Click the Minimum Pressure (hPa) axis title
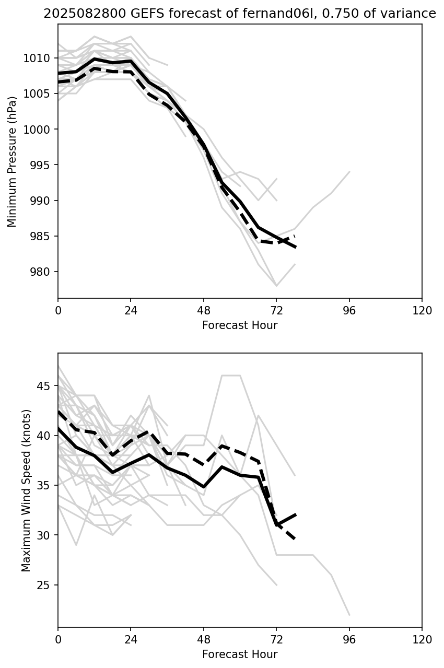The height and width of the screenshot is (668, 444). coord(13,161)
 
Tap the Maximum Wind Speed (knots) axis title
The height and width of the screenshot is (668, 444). coord(27,490)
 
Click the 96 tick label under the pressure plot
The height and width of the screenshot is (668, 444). coord(349,311)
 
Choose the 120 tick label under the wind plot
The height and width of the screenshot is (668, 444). coord(422,640)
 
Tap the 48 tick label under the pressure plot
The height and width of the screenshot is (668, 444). coord(204,311)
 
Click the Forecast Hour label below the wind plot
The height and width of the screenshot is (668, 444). coord(240,654)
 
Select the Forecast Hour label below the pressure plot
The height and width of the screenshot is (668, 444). coord(240,325)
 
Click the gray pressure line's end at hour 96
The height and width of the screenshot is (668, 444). coord(349,172)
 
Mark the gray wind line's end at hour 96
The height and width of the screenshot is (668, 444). coord(349,615)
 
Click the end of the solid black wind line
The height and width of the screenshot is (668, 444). coord(296,515)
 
